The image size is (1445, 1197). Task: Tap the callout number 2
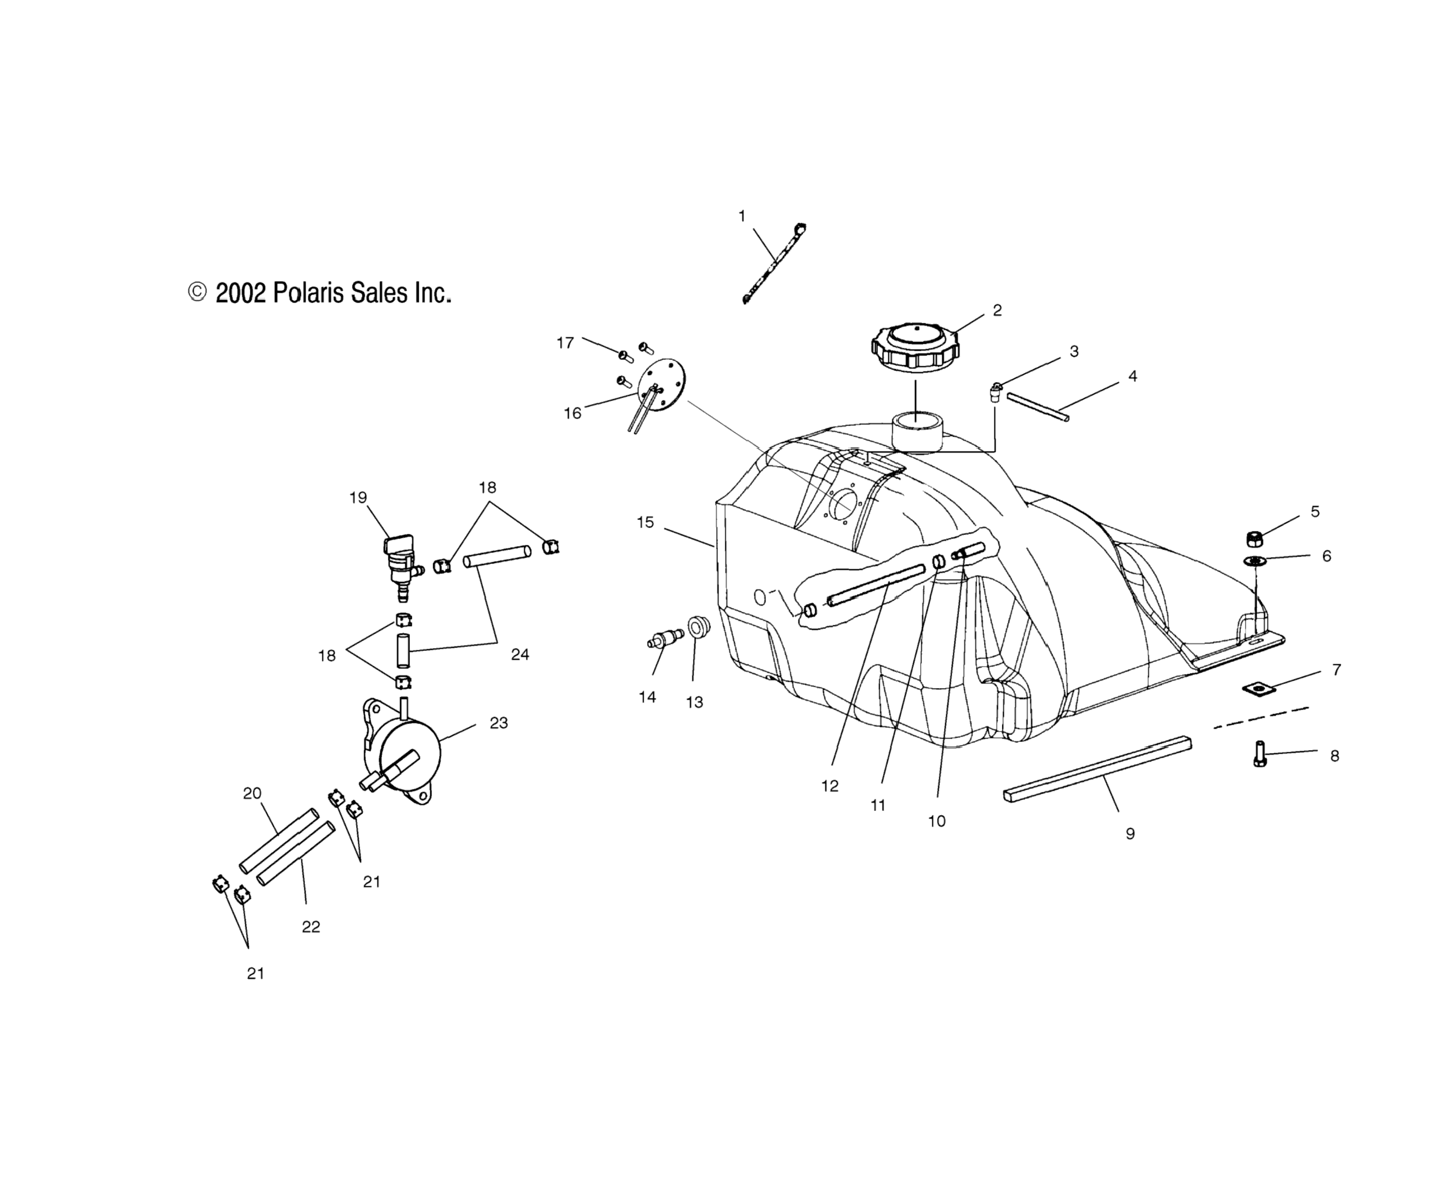click(997, 310)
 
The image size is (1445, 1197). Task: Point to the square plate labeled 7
click(1258, 689)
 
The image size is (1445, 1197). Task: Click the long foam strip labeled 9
click(1098, 772)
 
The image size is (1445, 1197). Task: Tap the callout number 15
click(645, 522)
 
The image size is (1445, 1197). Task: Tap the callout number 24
click(520, 654)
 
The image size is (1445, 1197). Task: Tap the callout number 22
click(311, 927)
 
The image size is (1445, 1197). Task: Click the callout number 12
click(830, 785)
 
